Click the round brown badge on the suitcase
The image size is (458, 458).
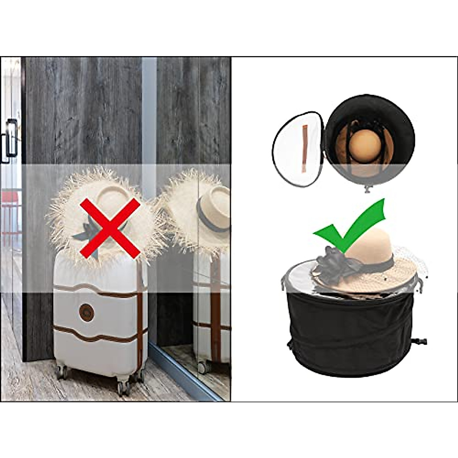click(87, 312)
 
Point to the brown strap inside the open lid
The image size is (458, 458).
click(304, 148)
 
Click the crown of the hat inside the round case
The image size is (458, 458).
click(365, 145)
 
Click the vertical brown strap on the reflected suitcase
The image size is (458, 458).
click(216, 305)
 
